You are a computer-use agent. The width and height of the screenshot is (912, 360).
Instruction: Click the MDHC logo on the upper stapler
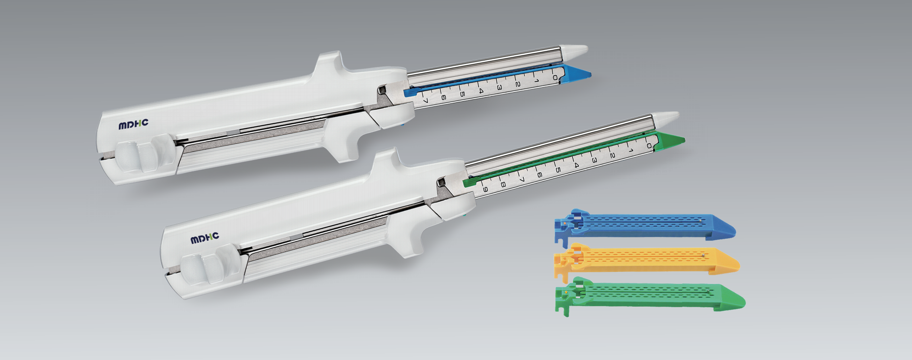133,124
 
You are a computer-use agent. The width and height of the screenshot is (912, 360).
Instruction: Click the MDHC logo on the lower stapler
205,238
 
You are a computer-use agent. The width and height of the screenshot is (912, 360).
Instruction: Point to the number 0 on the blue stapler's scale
554,77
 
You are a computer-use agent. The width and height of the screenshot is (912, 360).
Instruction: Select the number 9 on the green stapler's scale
485,189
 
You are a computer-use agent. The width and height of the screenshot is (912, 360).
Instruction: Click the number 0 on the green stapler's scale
649,146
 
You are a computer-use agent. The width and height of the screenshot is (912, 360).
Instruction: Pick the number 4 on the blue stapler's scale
480,91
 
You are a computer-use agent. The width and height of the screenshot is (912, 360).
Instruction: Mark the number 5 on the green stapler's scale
557,170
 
